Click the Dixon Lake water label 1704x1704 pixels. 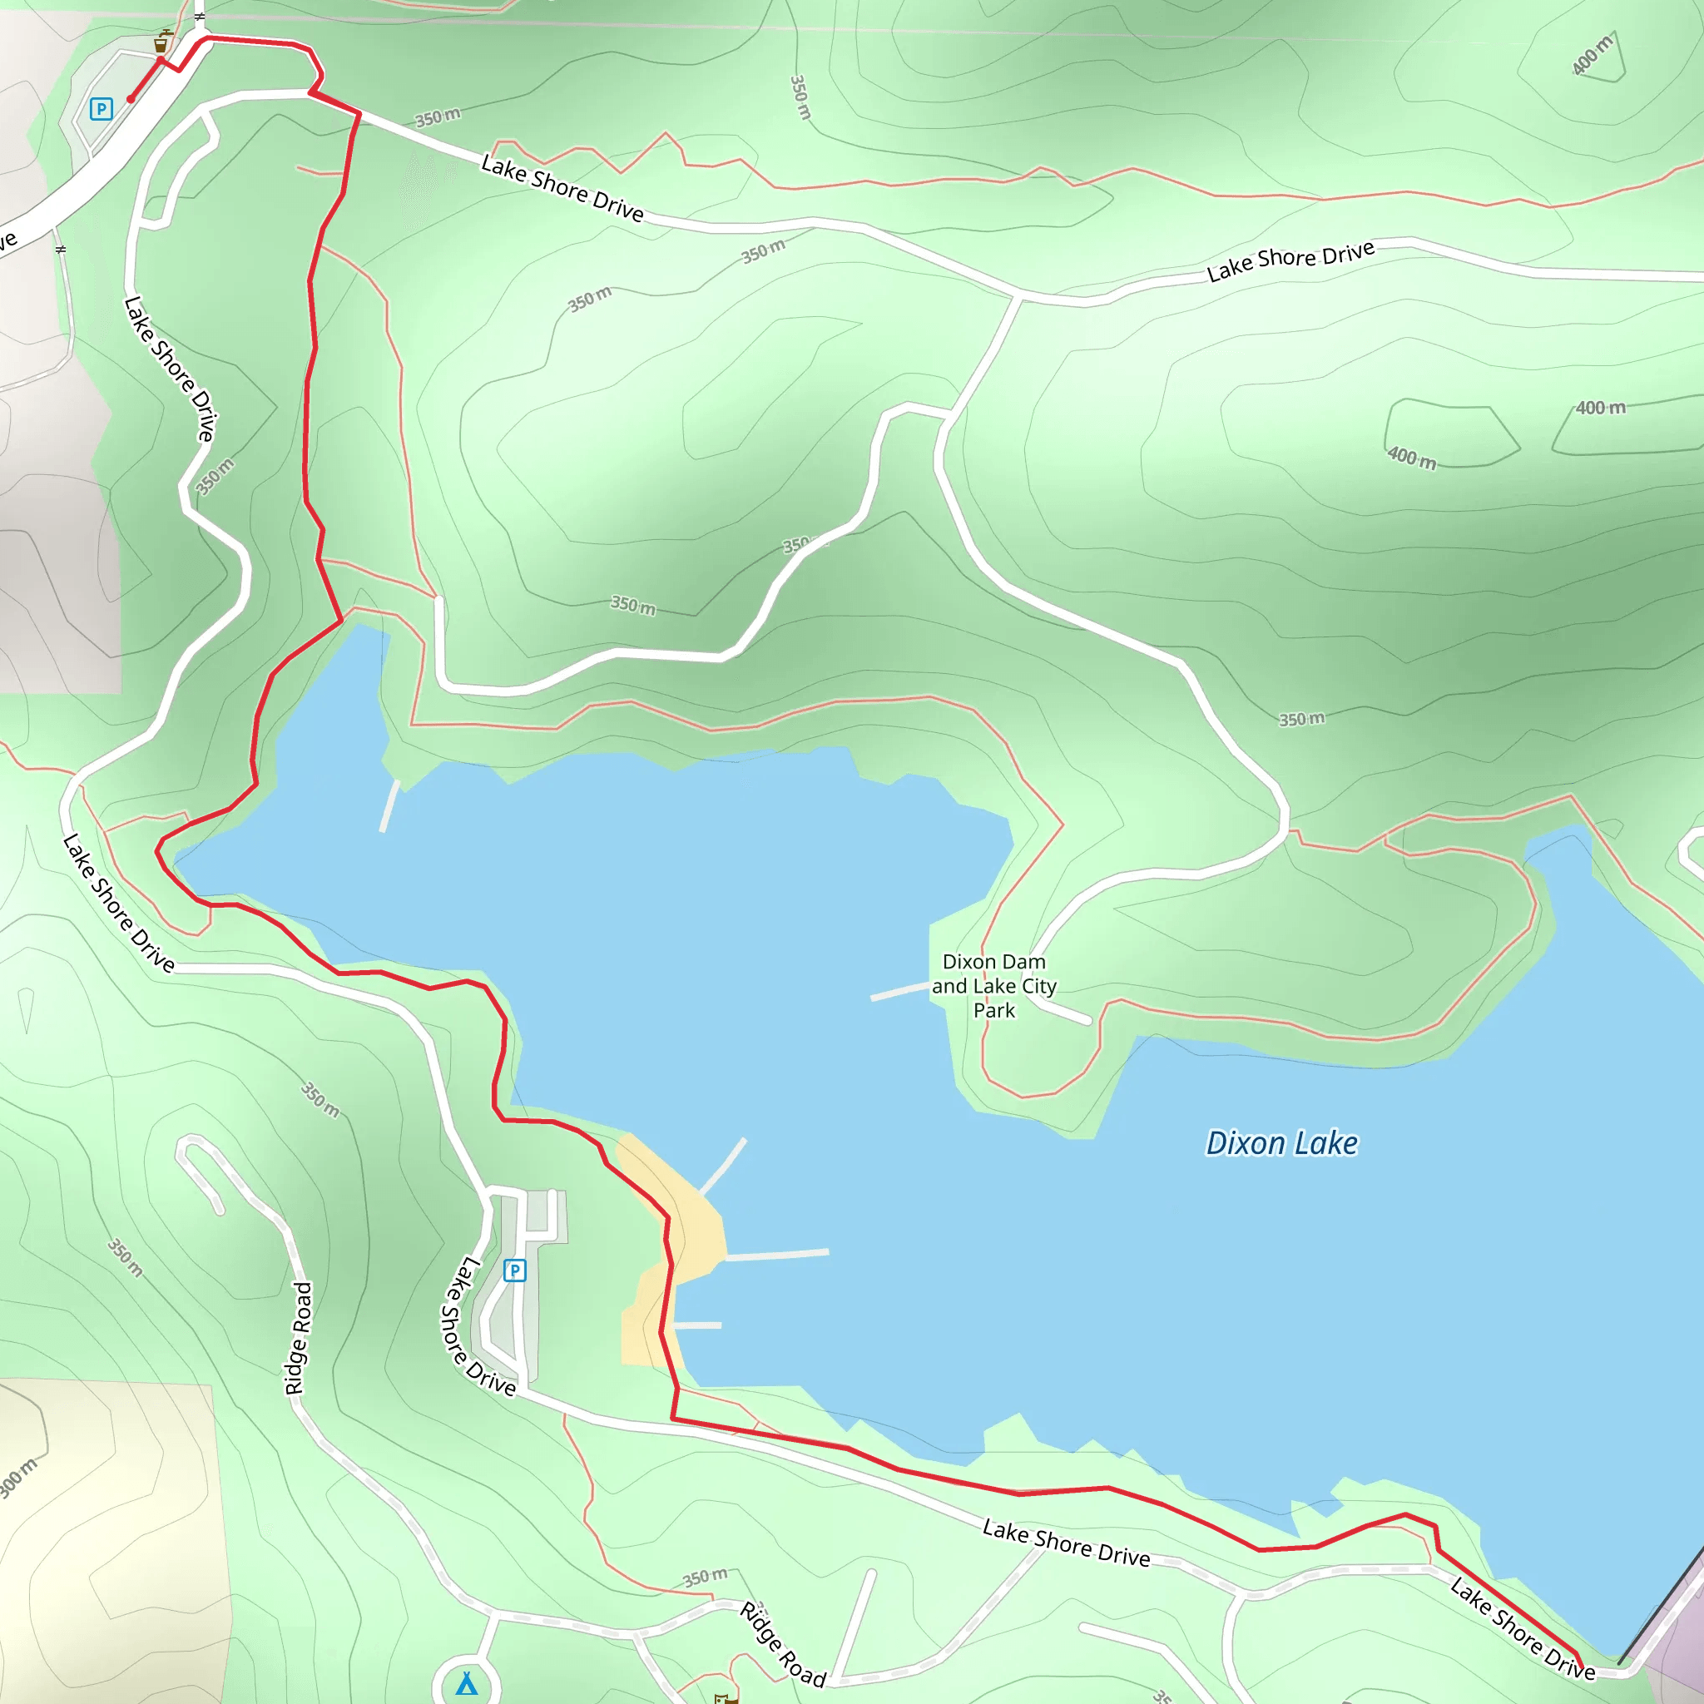1281,1143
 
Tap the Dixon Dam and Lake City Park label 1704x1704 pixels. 994,986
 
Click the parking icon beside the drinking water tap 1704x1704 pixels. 102,108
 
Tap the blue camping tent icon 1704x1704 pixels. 467,1685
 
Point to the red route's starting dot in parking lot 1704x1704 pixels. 131,100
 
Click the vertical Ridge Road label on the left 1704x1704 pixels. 299,1338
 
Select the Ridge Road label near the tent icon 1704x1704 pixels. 782,1644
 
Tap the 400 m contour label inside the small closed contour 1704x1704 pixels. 1411,457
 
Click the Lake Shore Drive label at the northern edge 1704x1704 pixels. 1290,261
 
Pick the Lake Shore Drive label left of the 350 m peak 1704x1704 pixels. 170,369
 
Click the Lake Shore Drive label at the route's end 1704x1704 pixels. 1523,1630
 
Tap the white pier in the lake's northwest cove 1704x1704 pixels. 389,805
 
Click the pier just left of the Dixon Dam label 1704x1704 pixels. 899,991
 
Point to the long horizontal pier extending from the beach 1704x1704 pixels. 776,1254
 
